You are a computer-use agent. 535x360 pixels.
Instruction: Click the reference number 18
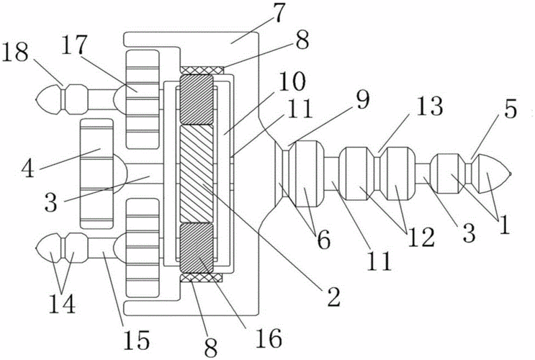pyautogui.click(x=17, y=53)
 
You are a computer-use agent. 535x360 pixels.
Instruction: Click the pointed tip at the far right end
pyautogui.click(x=510, y=173)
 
